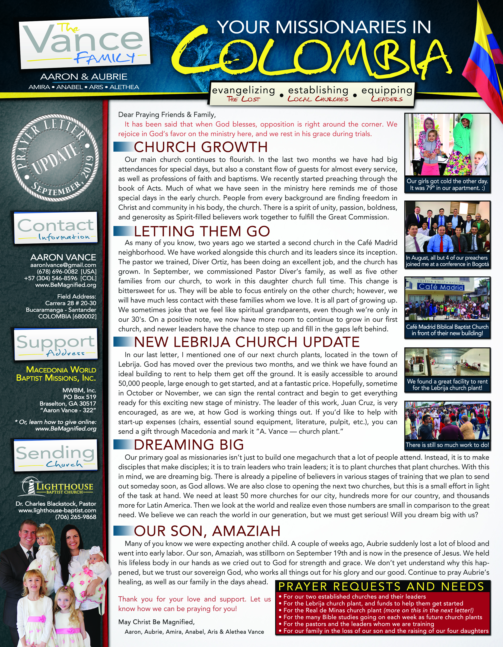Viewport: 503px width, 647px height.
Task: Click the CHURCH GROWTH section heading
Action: pyautogui.click(x=201, y=147)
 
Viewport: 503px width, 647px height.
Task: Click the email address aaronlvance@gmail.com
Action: pyautogui.click(x=63, y=265)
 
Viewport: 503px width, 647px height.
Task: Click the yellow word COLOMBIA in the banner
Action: pyautogui.click(x=311, y=55)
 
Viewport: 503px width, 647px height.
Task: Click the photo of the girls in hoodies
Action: pyautogui.click(x=447, y=145)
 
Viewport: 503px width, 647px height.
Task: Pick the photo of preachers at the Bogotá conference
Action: pyautogui.click(x=447, y=227)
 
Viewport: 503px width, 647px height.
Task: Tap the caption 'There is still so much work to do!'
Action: pyautogui.click(x=447, y=445)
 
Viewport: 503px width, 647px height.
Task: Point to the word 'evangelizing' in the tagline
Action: pyautogui.click(x=243, y=90)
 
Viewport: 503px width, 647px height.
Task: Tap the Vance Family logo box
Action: pyautogui.click(x=84, y=41)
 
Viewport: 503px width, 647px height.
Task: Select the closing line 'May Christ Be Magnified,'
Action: pyautogui.click(x=156, y=622)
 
